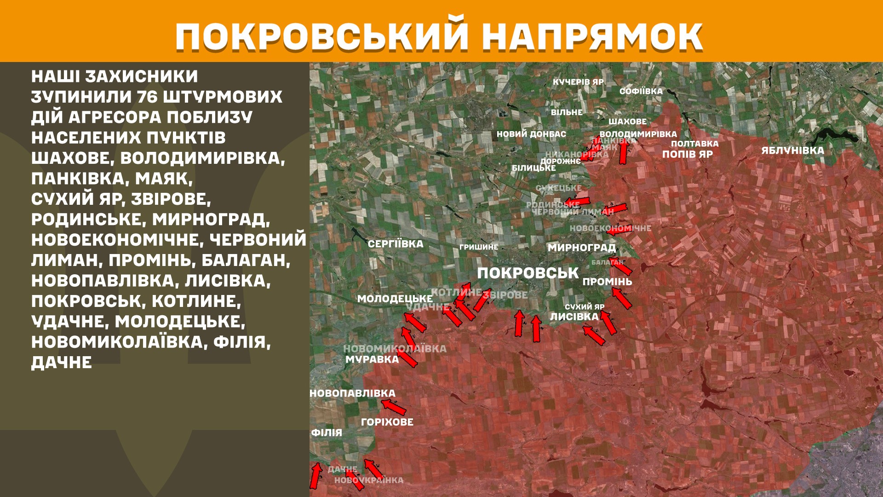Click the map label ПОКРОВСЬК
(528, 273)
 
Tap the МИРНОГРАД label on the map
(581, 248)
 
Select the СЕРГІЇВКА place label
(396, 244)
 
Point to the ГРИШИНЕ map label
(479, 247)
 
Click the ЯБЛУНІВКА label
(792, 150)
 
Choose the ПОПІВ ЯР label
(687, 154)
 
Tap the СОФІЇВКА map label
(641, 91)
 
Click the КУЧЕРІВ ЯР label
(578, 82)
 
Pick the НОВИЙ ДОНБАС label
(531, 134)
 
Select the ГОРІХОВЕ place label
(387, 422)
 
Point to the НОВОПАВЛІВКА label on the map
(352, 393)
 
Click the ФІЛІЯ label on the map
(327, 433)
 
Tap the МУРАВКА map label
(372, 359)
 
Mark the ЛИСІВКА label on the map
(574, 317)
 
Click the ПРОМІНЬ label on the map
(607, 282)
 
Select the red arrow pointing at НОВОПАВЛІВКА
(394, 407)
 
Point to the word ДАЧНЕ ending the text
(62, 363)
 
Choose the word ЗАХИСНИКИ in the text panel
(142, 76)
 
